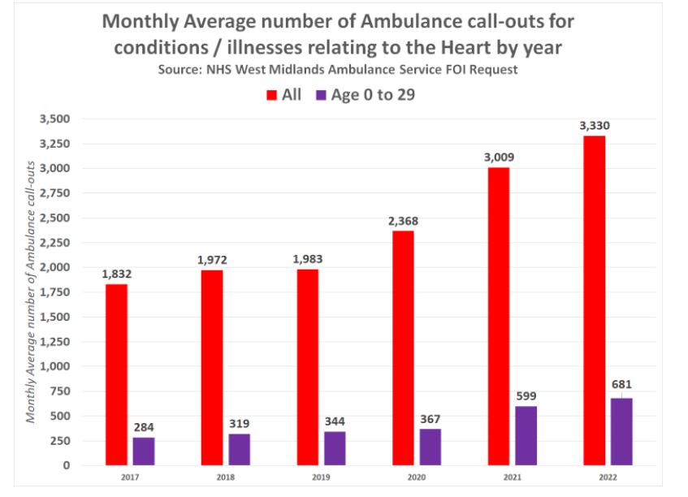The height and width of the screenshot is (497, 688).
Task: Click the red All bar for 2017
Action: (116, 374)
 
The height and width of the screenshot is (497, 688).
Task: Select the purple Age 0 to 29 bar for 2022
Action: (621, 431)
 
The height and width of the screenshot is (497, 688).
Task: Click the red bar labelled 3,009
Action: (498, 316)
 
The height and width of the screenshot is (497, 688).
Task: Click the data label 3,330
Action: (594, 126)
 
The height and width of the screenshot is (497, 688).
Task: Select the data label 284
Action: (145, 427)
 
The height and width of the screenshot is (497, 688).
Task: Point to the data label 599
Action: (526, 396)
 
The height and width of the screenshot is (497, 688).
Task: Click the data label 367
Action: (431, 419)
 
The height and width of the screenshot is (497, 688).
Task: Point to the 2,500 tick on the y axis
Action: (54, 218)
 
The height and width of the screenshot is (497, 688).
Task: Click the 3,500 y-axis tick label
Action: (54, 119)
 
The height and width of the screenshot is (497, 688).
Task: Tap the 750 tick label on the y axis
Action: (59, 391)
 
